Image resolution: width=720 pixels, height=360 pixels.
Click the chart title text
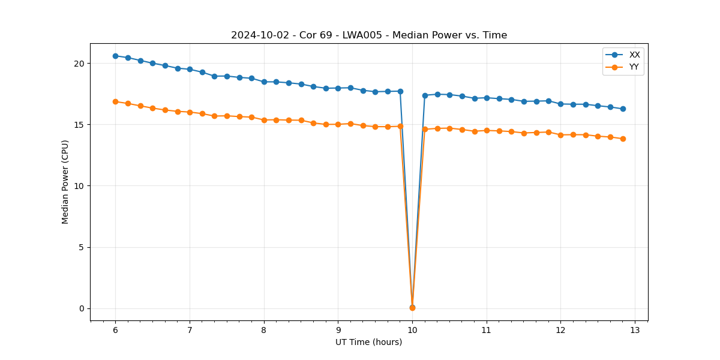[x=369, y=35]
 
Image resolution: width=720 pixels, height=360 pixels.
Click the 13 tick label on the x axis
[x=635, y=330]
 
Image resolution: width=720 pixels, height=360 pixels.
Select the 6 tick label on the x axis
[x=115, y=330]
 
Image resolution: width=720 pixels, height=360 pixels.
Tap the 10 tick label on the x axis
[x=412, y=330]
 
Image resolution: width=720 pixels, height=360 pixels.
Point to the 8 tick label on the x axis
[x=264, y=330]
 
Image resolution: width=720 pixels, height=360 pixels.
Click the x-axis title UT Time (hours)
[x=368, y=342]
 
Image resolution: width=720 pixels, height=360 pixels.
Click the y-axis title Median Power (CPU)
[x=65, y=182]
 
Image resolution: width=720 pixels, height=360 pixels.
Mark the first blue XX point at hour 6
[x=115, y=56]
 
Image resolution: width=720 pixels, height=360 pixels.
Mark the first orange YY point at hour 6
[x=115, y=101]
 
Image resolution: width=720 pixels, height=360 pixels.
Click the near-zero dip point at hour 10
[x=412, y=307]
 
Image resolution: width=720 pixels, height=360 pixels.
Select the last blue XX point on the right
[x=623, y=109]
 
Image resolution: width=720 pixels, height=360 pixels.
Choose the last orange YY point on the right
[x=623, y=139]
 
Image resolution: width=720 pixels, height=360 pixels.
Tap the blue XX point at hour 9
[x=338, y=88]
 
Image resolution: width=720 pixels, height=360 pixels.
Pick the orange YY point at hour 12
[x=560, y=135]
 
